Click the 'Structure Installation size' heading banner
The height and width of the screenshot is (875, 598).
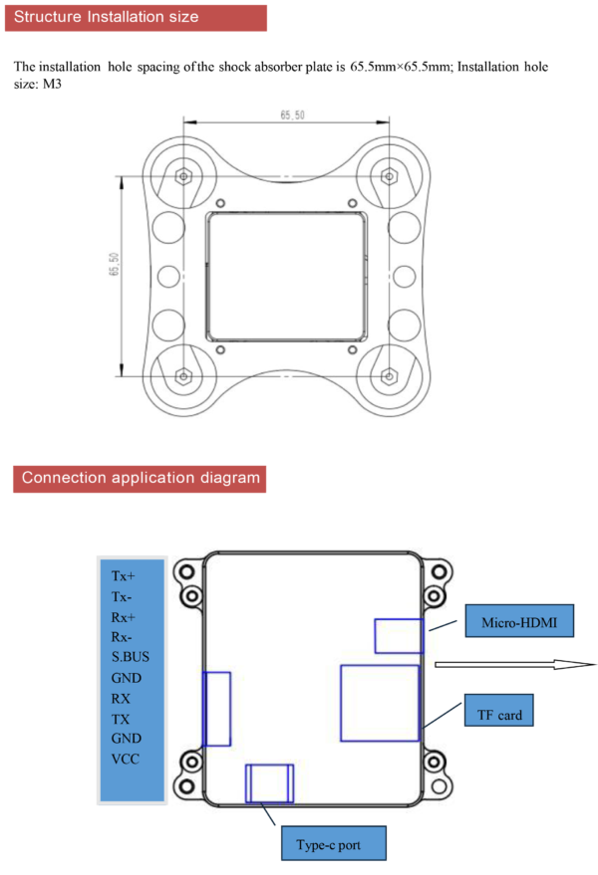(x=136, y=18)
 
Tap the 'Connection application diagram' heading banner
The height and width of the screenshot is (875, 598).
(x=140, y=479)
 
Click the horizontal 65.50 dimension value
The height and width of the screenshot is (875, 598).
(x=292, y=114)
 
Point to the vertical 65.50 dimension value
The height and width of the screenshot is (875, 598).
(x=114, y=264)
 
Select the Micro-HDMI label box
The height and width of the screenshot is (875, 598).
(x=519, y=620)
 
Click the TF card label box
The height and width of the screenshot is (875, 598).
(x=498, y=711)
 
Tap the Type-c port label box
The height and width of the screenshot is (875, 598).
(x=334, y=843)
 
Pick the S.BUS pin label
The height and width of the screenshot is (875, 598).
(x=131, y=657)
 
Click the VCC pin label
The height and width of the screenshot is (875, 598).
(x=126, y=759)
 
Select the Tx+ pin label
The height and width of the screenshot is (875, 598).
(x=123, y=576)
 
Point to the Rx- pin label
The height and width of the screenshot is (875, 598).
(x=122, y=637)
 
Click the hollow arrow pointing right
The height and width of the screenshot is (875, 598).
(x=515, y=664)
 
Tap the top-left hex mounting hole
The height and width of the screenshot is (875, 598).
(x=183, y=176)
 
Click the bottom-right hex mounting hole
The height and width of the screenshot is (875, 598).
(x=389, y=376)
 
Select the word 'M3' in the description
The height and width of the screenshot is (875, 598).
(x=52, y=85)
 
